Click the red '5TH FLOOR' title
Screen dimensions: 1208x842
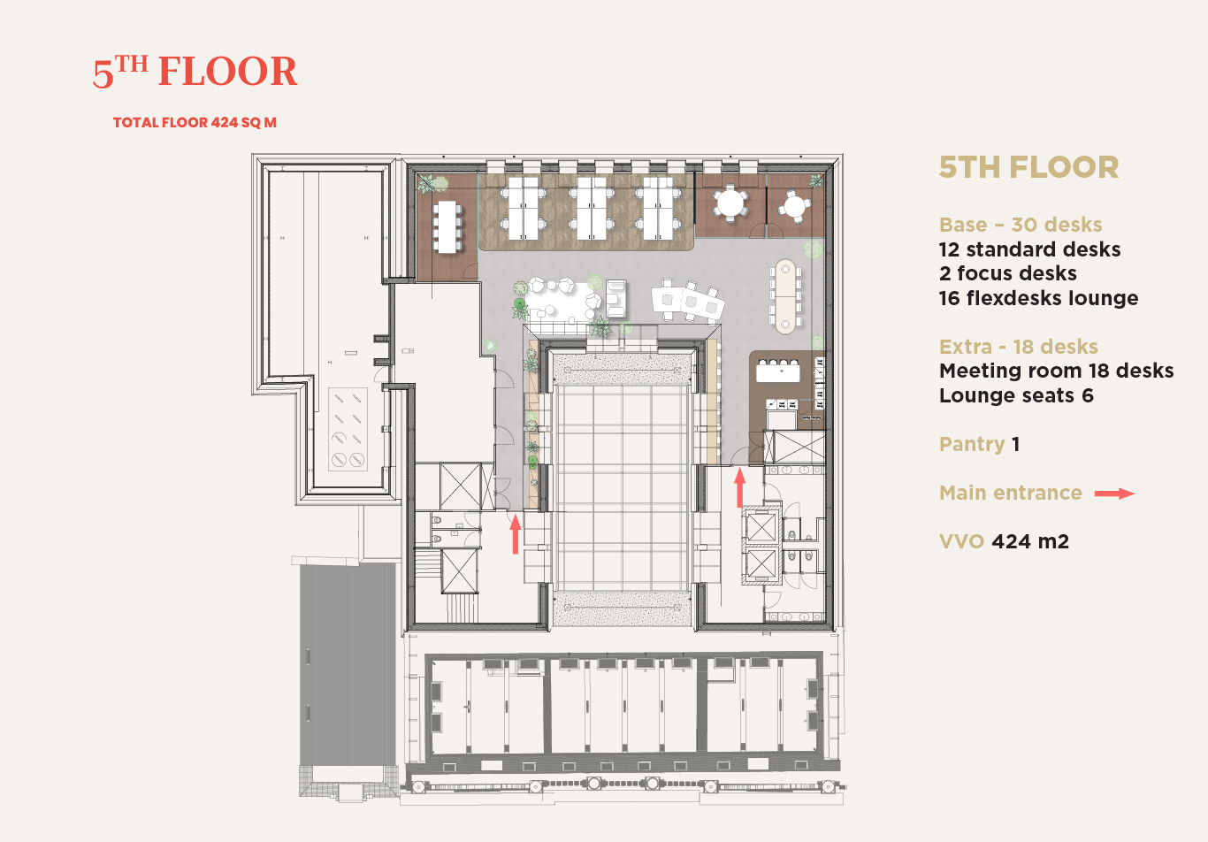click(x=195, y=72)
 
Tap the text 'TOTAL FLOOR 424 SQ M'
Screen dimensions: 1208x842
click(x=195, y=122)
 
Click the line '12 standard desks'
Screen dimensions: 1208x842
click(x=1029, y=249)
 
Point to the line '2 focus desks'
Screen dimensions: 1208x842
click(x=1007, y=273)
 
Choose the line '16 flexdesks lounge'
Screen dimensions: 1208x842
click(x=1039, y=298)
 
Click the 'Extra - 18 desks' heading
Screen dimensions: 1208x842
click(x=1019, y=347)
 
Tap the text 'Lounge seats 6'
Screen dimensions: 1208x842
click(x=1016, y=395)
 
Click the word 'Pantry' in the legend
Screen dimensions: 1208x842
click(x=972, y=445)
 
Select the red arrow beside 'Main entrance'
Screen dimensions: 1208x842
click(x=1114, y=493)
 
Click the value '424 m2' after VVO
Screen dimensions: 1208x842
click(x=1030, y=541)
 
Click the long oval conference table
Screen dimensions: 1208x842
click(x=785, y=296)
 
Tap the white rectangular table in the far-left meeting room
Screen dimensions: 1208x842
click(x=447, y=226)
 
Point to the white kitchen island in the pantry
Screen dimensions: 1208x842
click(x=777, y=371)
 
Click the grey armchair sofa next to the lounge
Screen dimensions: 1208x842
click(x=615, y=298)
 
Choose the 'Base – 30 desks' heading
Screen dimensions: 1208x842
click(x=1021, y=225)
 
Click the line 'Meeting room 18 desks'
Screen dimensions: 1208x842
click(x=1057, y=371)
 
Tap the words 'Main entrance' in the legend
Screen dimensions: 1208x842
click(x=1011, y=493)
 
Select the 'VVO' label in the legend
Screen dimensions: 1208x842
click(x=961, y=541)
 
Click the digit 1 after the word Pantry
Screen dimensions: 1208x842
click(x=1015, y=445)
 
